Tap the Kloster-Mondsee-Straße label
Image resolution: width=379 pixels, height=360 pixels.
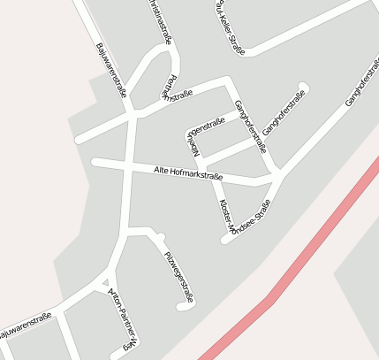[x=243, y=217]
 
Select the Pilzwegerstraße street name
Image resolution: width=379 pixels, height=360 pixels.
[x=178, y=277]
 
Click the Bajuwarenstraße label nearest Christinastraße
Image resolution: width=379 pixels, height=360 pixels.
[x=112, y=71]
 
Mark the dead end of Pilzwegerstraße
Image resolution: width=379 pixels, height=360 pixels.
[x=183, y=307]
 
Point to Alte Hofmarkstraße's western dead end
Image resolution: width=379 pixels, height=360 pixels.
[x=95, y=161]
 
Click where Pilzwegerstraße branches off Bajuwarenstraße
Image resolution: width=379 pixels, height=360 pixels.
[x=130, y=232]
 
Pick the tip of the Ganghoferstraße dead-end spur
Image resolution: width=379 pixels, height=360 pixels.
[x=303, y=88]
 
